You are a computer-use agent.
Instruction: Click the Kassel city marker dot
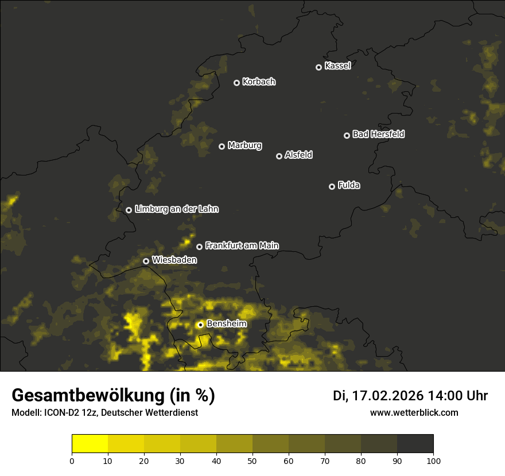click(x=318, y=67)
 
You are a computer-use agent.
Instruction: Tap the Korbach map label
click(x=259, y=82)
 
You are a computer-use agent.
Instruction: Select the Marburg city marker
click(x=222, y=146)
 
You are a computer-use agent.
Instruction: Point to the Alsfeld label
click(x=298, y=155)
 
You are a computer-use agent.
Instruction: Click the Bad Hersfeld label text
click(x=378, y=134)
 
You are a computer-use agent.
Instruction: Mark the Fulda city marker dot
click(x=332, y=186)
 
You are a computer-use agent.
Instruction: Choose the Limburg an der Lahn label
click(x=176, y=209)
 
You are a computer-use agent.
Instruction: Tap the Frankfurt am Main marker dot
click(x=199, y=247)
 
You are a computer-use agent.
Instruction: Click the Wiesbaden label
click(x=174, y=260)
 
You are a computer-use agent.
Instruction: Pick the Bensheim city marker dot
click(x=200, y=325)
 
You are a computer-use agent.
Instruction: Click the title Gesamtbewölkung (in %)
click(x=113, y=396)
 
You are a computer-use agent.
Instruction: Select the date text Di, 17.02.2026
click(x=378, y=396)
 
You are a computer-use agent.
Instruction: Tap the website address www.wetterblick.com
click(x=414, y=412)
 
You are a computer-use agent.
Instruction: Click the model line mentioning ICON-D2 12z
click(x=104, y=412)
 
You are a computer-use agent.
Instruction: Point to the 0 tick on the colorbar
click(x=72, y=461)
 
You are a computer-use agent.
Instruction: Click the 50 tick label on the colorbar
click(x=252, y=461)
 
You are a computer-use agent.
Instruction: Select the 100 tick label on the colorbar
click(x=433, y=461)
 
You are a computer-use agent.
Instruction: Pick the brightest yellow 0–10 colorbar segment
click(x=90, y=444)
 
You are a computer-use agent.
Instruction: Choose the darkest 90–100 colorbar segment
click(x=415, y=444)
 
